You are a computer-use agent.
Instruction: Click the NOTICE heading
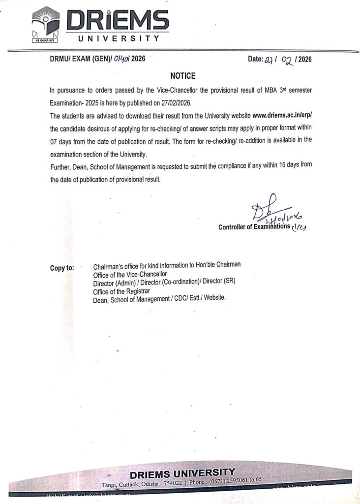[x=183, y=76]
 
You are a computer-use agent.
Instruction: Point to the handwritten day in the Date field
[x=269, y=60]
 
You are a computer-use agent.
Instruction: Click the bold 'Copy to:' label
[x=62, y=268]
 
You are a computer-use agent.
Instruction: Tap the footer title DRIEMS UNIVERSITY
[x=182, y=473]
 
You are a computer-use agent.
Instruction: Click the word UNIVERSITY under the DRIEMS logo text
[x=120, y=38]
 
